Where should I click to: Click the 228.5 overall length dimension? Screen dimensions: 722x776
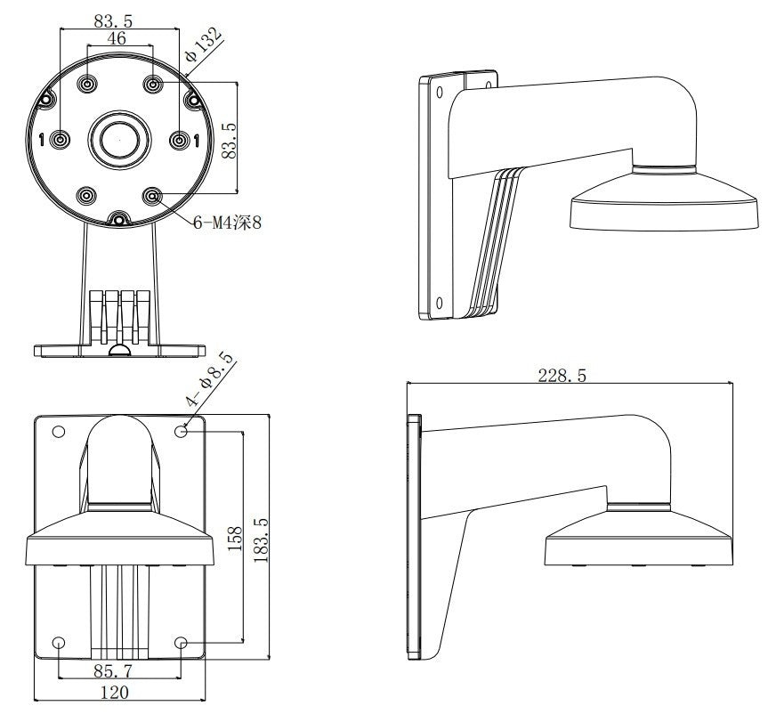pos(562,375)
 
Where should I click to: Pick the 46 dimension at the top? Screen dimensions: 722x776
pos(117,38)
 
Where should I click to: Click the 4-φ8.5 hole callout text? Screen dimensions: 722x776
pos(210,379)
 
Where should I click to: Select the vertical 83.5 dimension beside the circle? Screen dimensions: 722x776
pos(229,138)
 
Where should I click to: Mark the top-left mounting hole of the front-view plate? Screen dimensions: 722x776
pos(59,432)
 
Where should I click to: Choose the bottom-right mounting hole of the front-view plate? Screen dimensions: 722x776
pos(181,643)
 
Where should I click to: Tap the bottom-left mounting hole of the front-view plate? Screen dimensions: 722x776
pos(59,643)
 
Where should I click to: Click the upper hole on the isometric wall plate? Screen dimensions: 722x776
pos(439,91)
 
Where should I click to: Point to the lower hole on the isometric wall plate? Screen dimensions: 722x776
pos(439,304)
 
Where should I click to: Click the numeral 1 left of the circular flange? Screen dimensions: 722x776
pos(41,140)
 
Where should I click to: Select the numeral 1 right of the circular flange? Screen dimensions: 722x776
pos(196,140)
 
